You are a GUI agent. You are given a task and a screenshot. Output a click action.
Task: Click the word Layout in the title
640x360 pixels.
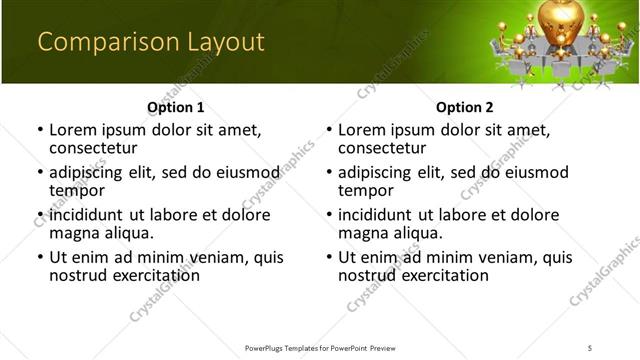coord(226,42)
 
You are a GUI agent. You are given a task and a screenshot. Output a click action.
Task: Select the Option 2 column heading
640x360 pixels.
coord(465,106)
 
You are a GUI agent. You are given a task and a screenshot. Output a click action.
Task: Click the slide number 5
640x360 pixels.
coord(590,347)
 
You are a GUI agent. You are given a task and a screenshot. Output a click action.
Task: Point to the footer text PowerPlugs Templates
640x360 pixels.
coord(290,347)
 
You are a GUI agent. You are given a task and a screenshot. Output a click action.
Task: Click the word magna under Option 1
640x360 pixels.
coord(72,233)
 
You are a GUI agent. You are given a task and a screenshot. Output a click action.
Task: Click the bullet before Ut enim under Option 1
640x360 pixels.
coord(40,258)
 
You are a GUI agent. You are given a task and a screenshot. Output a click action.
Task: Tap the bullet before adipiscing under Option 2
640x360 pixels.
coord(329,173)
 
